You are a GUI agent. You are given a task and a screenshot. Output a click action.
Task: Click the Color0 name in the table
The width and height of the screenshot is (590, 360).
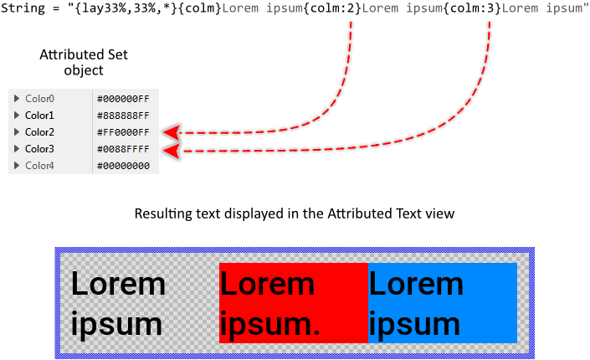coord(39,99)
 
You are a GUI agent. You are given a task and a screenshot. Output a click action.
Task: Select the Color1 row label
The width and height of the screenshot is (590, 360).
coord(39,116)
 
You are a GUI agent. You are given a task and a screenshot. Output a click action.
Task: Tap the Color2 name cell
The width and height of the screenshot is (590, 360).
coord(39,132)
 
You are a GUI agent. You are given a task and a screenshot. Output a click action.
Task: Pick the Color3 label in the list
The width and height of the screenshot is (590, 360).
coord(39,149)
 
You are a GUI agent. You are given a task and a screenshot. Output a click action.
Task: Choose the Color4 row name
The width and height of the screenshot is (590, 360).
coord(39,166)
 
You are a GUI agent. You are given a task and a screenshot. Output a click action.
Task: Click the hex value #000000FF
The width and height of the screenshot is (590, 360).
coord(123,99)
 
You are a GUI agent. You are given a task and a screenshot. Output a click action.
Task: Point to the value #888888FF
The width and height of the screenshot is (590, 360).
coord(123,116)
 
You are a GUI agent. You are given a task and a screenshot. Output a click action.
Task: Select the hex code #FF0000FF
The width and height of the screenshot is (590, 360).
coord(123,132)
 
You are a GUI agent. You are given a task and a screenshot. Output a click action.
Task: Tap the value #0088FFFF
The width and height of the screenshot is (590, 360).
coord(123,149)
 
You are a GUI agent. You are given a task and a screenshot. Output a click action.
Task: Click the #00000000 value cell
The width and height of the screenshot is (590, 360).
coord(123,166)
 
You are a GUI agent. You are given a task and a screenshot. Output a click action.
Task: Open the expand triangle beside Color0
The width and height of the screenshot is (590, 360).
coord(17,99)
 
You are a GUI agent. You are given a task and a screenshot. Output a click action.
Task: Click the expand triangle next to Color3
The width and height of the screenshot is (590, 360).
coord(17,149)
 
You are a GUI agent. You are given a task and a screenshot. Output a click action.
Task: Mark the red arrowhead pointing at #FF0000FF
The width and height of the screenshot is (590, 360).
coord(172,132)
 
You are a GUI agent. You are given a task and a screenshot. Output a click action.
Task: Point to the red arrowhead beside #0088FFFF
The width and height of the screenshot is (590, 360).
coord(172,151)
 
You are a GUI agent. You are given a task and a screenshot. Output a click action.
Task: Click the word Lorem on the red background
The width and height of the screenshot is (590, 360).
coord(267,285)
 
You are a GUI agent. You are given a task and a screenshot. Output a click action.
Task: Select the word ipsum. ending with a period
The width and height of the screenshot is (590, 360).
coord(270,325)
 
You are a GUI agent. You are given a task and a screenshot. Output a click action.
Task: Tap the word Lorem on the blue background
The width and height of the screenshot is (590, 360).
coord(416,285)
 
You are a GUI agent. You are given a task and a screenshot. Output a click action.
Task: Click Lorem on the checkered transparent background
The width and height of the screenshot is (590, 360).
coord(118,285)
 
